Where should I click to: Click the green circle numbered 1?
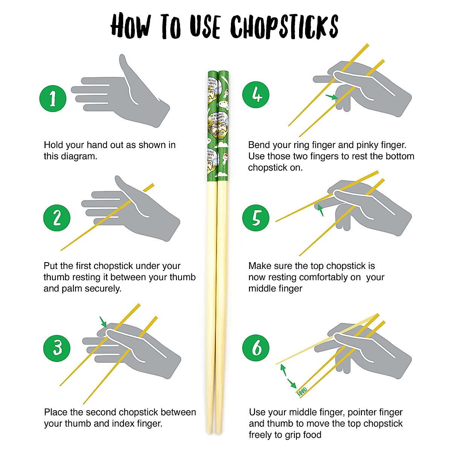point(53,98)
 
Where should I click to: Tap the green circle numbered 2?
point(57,218)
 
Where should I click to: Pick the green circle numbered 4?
point(256,94)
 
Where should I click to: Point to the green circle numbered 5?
point(256,218)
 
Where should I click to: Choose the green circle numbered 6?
point(256,347)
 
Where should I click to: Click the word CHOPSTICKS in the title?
point(284,26)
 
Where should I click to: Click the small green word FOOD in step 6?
point(302,392)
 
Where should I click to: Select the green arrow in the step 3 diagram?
point(103,322)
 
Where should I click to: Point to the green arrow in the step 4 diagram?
point(331,97)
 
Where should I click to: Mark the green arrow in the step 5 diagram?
point(320,209)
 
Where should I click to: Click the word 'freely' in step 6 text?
point(261,435)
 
